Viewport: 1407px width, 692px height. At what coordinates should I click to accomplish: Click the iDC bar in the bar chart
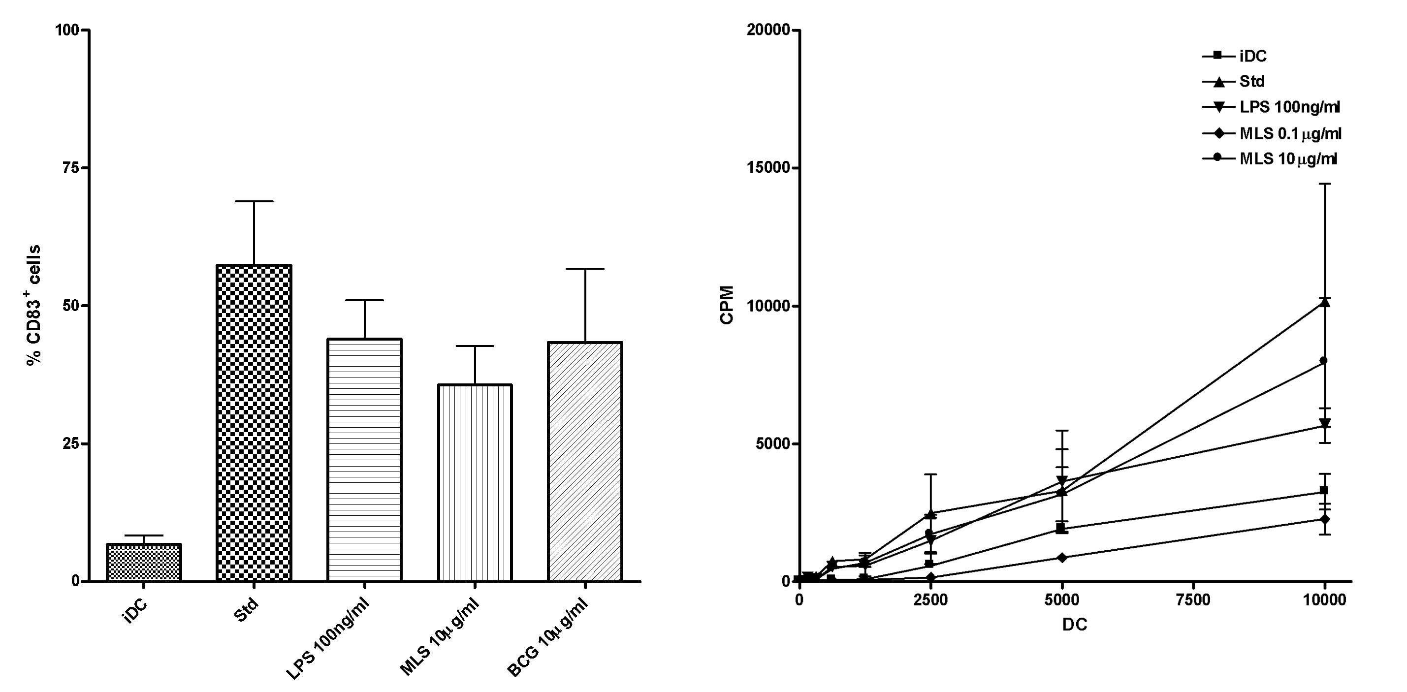144,562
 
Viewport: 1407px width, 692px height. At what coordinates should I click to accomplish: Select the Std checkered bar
254,423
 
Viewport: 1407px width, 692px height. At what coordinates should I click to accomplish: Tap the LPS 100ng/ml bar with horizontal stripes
364,459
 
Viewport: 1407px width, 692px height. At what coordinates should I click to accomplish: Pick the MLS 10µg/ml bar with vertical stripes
475,482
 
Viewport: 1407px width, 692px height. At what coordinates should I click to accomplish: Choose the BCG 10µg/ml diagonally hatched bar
585,462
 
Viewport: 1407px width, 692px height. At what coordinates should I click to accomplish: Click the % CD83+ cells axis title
34,305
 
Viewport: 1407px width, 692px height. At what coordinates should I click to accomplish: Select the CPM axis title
727,305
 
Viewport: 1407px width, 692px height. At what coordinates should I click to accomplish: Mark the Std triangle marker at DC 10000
1323,302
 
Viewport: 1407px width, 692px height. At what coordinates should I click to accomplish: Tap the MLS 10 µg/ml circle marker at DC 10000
1323,360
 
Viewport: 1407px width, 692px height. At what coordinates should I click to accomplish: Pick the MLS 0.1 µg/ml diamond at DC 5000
1062,557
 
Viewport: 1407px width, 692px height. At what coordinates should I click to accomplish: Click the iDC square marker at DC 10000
1323,491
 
